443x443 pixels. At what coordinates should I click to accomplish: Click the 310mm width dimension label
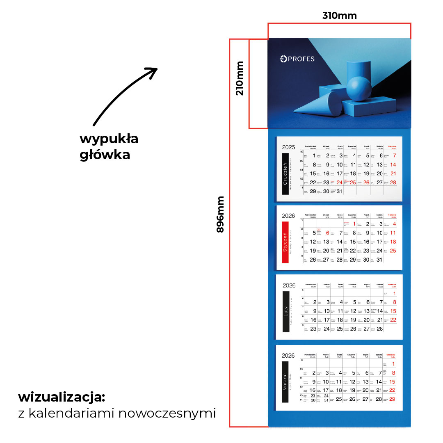coord(339,16)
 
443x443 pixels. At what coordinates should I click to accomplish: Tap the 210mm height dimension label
coord(240,78)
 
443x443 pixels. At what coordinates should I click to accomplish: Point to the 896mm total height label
coord(221,214)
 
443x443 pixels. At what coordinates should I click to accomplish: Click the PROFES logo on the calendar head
coord(297,59)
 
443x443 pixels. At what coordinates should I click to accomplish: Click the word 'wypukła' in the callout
coord(109,139)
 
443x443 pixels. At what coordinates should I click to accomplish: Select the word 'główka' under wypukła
coord(105,155)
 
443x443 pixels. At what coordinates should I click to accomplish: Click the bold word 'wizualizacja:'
coord(62,397)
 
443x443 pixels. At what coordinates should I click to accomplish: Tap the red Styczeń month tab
coord(285,242)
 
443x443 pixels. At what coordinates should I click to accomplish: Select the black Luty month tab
coord(285,311)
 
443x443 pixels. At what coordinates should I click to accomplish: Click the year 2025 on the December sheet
coord(288,147)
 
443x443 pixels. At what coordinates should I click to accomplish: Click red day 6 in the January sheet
coord(327,233)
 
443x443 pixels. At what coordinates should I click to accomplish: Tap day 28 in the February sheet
coord(379,329)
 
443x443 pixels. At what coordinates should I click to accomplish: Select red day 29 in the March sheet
coord(392,399)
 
